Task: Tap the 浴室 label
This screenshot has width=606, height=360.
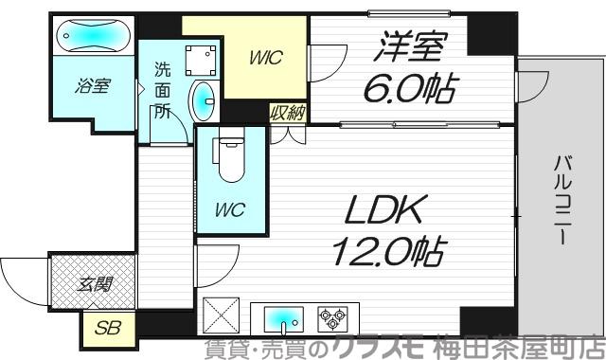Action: [x=93, y=87]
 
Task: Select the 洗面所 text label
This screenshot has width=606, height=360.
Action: [x=164, y=90]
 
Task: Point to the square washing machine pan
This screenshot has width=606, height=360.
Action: [x=200, y=60]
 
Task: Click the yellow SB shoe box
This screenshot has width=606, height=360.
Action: [x=107, y=329]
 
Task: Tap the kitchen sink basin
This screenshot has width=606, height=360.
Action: [x=280, y=315]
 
